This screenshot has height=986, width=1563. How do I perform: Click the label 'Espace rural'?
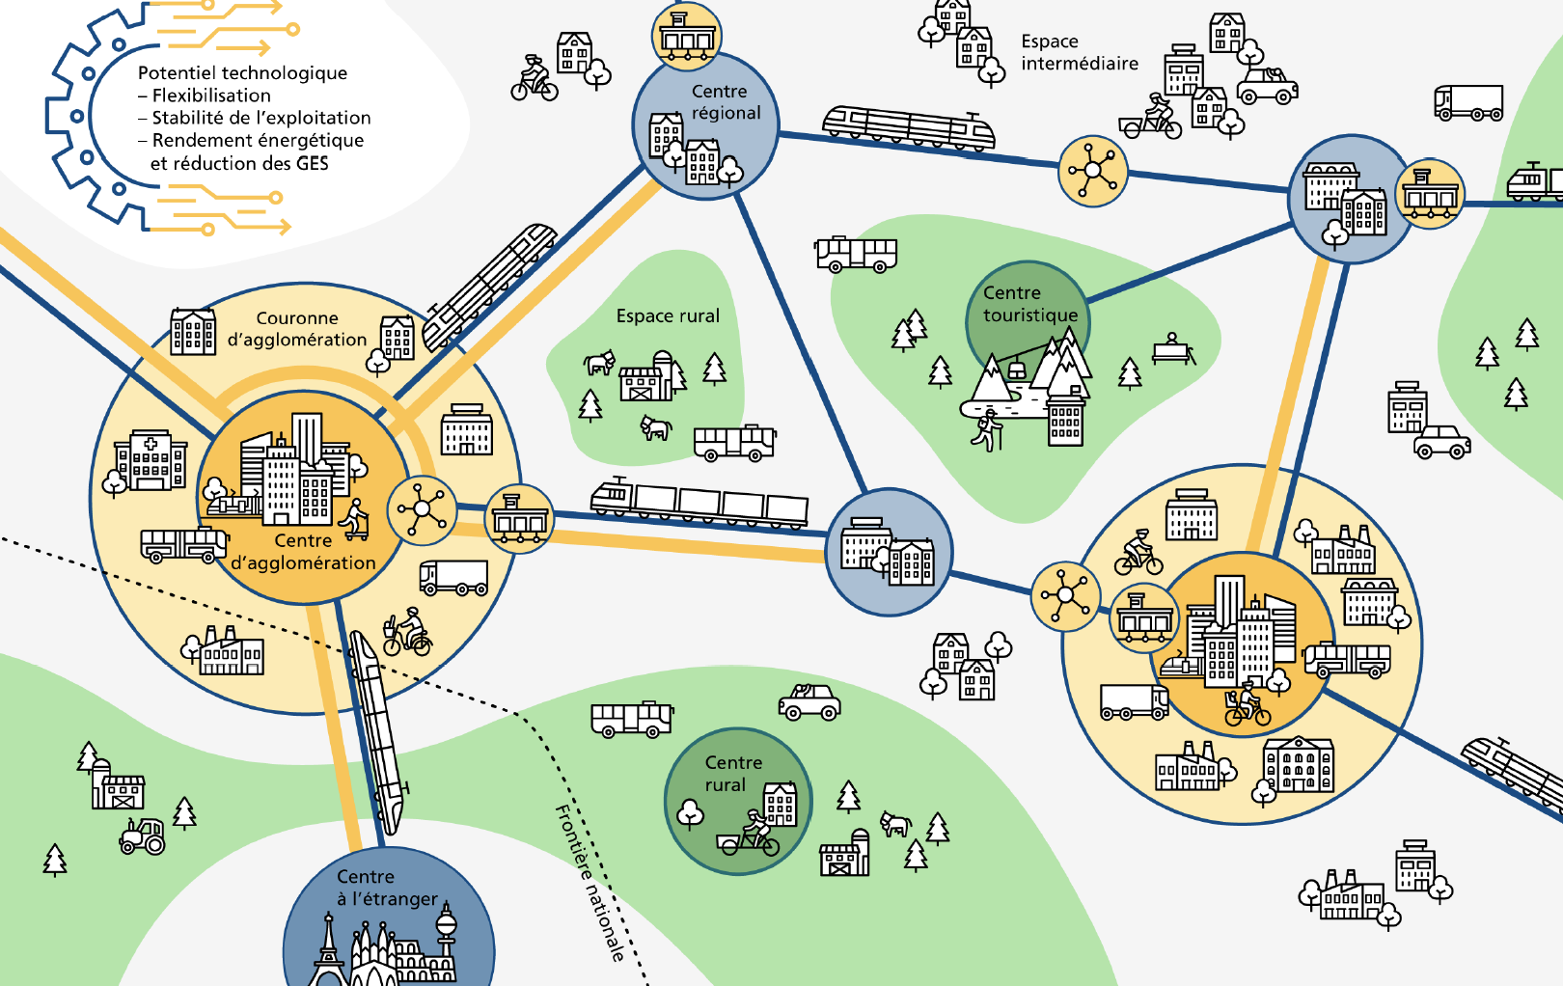coord(668,316)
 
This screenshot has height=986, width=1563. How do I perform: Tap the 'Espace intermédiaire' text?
coord(1079,53)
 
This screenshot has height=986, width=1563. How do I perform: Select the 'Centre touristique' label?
coord(1029,304)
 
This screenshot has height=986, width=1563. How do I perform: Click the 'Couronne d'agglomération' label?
coord(297,329)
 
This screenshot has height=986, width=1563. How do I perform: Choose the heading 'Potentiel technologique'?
coord(242,73)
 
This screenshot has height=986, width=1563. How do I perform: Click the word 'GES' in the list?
coord(313,164)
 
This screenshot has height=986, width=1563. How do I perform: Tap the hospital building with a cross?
coord(151,461)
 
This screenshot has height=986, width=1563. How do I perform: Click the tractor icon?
coord(143,836)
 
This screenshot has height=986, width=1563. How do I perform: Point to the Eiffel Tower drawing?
coord(328,949)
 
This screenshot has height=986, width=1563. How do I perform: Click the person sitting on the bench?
coord(1172,348)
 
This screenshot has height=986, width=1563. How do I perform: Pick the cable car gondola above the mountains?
coord(1016,370)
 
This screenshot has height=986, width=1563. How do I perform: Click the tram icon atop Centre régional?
coord(687,36)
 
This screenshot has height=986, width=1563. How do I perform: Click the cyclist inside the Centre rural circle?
coord(750,835)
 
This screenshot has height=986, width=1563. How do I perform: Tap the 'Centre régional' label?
coord(726,102)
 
